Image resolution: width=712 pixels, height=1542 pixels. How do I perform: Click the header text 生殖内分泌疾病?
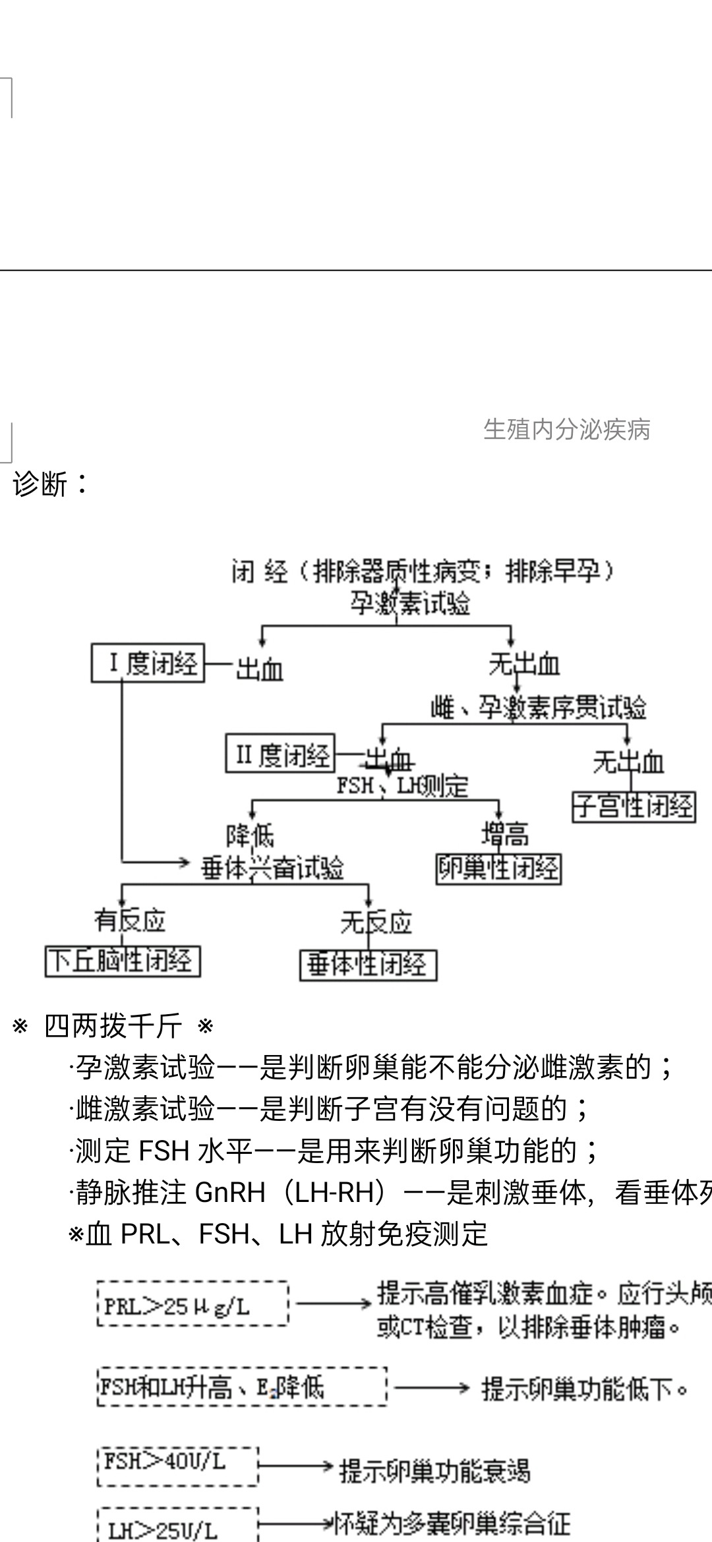[566, 430]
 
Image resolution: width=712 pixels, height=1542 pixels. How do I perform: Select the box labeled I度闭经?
[148, 663]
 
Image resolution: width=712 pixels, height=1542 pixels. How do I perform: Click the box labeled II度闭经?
[280, 754]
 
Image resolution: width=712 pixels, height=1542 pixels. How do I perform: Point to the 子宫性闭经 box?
[634, 807]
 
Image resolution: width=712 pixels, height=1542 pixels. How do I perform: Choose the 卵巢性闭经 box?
[498, 869]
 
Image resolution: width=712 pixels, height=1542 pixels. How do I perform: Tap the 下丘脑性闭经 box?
[123, 961]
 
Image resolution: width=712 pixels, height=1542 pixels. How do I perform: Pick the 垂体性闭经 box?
[368, 965]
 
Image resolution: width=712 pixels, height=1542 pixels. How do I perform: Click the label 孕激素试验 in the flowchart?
[410, 603]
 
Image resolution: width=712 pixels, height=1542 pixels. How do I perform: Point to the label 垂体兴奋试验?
[273, 868]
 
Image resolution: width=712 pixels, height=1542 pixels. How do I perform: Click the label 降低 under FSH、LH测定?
[251, 836]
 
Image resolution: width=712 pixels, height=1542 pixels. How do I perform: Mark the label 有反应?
[129, 920]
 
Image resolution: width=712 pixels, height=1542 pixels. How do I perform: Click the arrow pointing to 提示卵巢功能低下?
[431, 1388]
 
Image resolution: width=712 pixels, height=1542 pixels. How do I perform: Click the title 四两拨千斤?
[113, 1026]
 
